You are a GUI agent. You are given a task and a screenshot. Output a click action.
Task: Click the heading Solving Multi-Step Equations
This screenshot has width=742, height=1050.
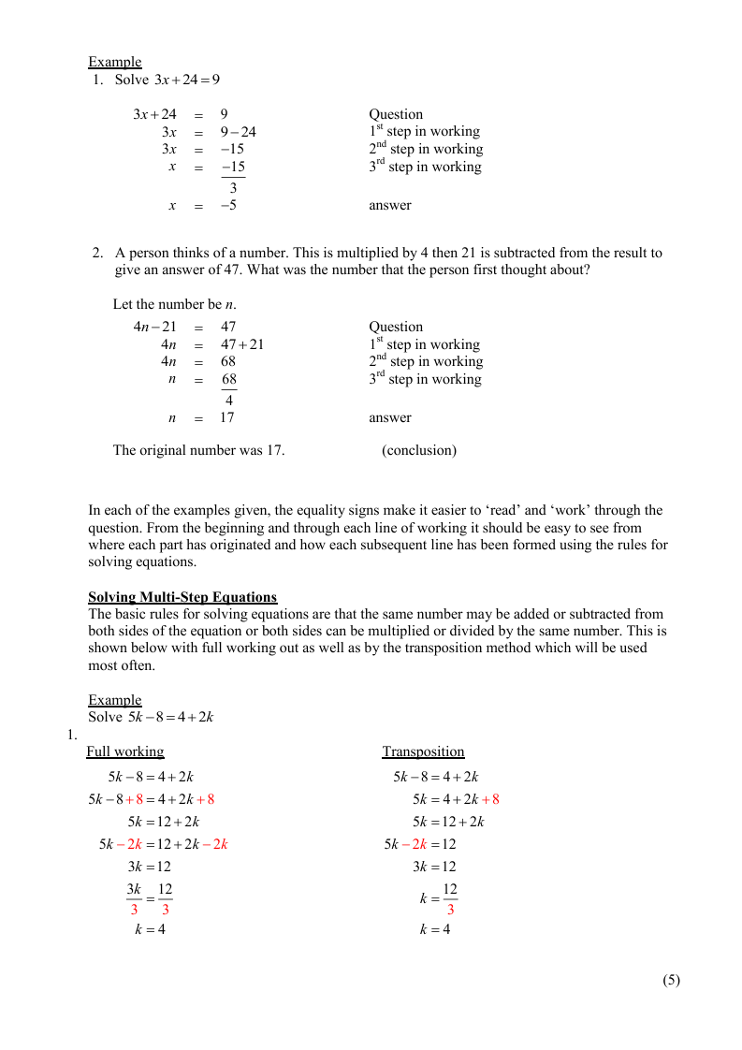coord(182,597)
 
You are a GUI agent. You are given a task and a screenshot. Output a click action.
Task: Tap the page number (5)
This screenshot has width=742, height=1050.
coord(671,980)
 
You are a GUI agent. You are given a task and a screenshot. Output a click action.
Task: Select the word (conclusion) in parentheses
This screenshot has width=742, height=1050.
coord(419,450)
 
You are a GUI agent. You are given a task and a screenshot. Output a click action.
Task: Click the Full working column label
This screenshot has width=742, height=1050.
coord(124,751)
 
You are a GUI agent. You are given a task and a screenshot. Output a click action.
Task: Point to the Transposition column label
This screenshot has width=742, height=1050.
coord(423,751)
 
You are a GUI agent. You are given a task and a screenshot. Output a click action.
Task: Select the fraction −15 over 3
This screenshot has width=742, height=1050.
coord(233,177)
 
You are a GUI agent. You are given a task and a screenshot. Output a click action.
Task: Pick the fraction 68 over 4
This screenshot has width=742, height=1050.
coord(229,389)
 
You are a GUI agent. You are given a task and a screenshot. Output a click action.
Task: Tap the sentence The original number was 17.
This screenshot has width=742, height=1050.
coord(198,450)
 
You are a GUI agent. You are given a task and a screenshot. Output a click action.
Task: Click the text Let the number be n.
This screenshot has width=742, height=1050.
coord(174,304)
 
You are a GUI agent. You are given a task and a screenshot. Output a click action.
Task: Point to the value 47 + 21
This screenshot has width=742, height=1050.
coord(242,344)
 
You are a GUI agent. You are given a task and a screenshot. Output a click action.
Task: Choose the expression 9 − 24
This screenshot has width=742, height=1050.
coord(238,132)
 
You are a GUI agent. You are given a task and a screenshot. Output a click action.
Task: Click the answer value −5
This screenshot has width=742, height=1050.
coord(228,205)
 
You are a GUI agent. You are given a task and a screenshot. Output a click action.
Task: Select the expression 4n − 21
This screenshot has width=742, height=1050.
coord(154,327)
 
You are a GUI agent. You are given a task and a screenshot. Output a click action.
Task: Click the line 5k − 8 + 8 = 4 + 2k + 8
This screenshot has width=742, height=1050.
coord(152,799)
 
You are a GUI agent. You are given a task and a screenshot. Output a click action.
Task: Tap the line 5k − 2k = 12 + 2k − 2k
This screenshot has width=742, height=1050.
coord(164,844)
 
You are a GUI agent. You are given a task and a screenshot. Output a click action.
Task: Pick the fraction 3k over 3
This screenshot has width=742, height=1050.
coord(134,898)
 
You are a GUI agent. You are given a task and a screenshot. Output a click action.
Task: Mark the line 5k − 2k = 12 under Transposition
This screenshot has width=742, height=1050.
coord(420,844)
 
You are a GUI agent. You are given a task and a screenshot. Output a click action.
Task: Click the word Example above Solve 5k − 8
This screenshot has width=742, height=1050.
coord(115,700)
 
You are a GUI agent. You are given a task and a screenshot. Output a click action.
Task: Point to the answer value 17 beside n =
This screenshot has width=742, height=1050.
coord(226,417)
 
